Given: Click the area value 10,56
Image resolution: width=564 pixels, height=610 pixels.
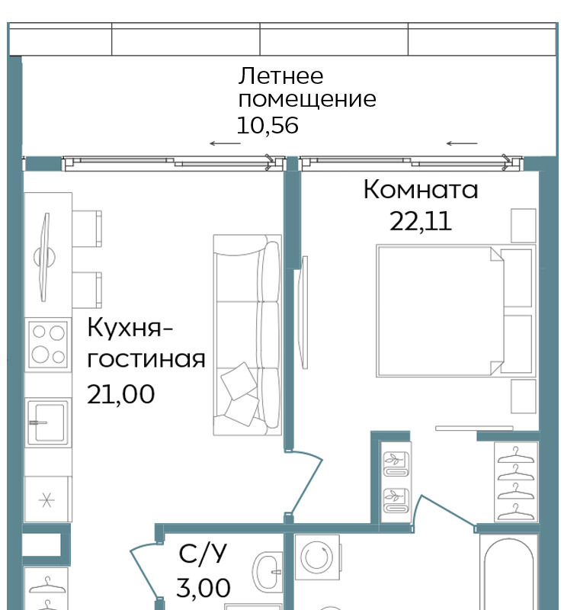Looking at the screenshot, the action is (x=268, y=126).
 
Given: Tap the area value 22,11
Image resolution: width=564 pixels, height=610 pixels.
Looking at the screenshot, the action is (x=421, y=221).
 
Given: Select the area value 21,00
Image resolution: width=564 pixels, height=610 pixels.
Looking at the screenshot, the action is (x=120, y=394).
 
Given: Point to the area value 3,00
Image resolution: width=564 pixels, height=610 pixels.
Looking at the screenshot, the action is (x=203, y=588).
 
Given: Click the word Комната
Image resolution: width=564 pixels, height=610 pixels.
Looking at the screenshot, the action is (x=421, y=190).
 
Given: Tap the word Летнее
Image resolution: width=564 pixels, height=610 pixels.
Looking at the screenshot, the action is (x=280, y=75).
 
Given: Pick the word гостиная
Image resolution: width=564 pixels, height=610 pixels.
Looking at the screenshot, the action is (x=146, y=359).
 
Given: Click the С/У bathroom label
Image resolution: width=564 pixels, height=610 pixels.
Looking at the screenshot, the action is (x=203, y=553).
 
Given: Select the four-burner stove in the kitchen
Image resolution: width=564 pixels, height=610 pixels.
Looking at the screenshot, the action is (x=48, y=345).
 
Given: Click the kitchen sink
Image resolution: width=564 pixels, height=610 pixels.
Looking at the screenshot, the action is (x=48, y=422).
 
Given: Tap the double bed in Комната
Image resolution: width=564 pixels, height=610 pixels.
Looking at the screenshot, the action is (x=456, y=311).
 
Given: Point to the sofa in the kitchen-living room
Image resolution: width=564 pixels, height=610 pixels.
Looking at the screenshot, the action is (x=247, y=335).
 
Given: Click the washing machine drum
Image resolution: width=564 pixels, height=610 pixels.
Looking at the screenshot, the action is (x=316, y=557).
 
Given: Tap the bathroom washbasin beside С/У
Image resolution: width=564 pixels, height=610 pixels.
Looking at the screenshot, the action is (x=268, y=572).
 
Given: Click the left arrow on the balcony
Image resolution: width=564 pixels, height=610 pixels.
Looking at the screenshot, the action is (x=225, y=143).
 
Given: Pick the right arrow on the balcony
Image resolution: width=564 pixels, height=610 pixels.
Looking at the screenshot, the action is (x=462, y=143).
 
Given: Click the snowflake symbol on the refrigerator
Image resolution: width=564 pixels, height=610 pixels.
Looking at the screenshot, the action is (x=46, y=500).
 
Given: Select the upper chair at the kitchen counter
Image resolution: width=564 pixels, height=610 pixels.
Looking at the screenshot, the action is (x=87, y=228).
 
